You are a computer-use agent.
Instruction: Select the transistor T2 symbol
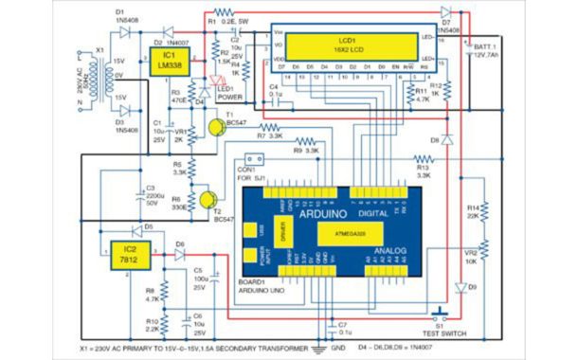(207, 200)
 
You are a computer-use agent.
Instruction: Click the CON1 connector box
(253, 158)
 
